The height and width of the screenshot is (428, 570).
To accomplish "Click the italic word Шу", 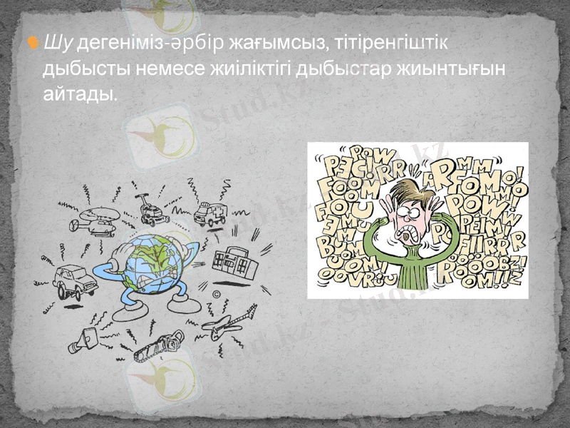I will [58, 44].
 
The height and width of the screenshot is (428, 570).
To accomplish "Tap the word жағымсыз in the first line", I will [275, 44].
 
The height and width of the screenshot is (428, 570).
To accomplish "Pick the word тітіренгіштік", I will [395, 44].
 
